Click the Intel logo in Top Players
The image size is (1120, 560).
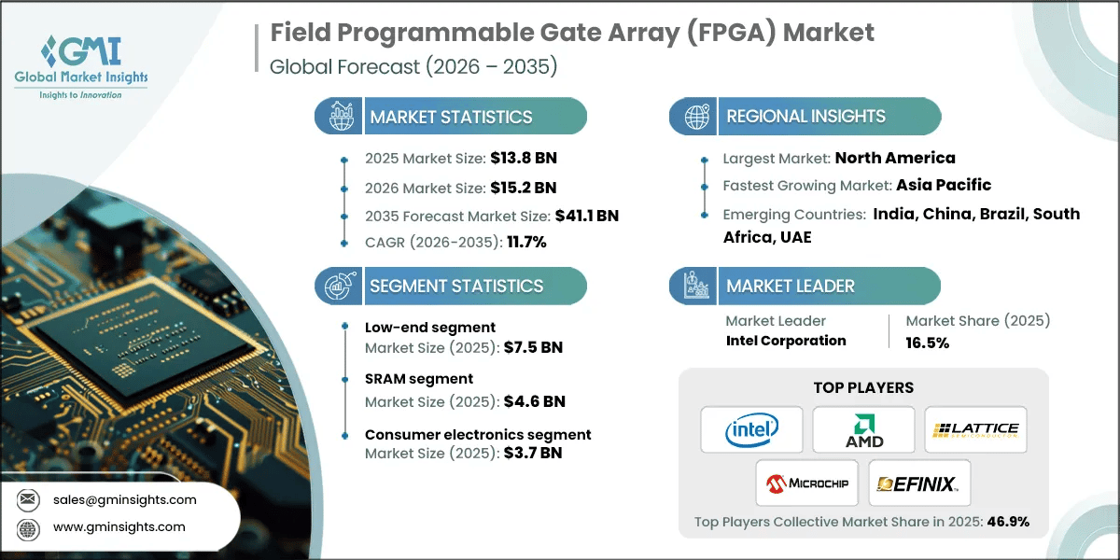751,429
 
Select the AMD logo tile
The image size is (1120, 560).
863,429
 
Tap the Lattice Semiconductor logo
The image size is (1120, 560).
975,429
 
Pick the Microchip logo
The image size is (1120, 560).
807,483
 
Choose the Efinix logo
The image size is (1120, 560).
919,483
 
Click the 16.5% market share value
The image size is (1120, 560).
928,343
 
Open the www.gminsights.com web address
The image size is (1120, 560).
119,527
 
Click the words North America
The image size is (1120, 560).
894,158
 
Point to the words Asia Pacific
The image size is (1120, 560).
944,185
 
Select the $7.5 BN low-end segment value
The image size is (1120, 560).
532,348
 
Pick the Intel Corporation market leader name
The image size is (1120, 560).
786,341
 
